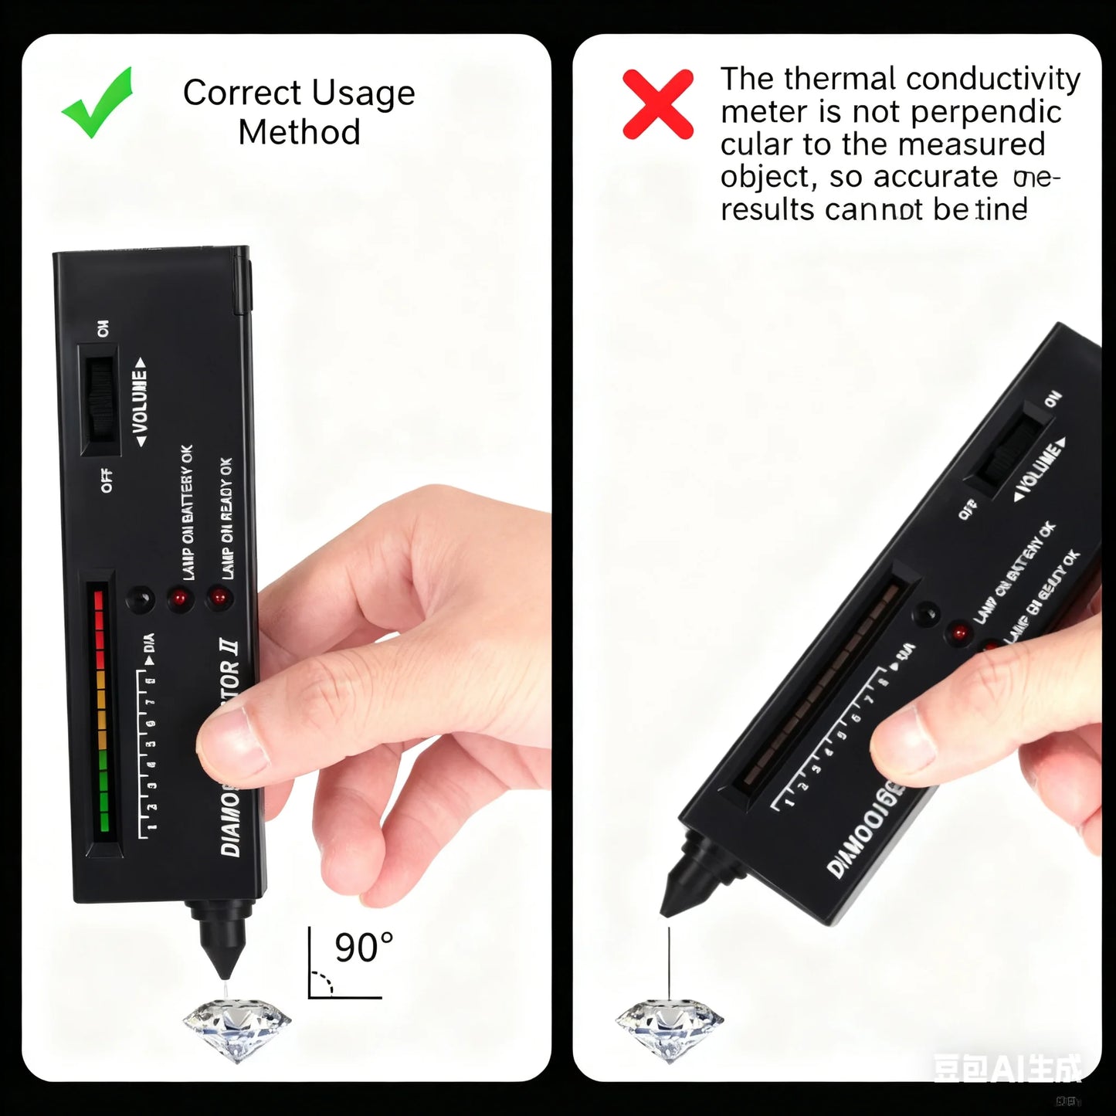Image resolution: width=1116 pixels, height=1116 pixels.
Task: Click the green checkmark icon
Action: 98,103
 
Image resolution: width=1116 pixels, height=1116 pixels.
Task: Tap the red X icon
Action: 657,103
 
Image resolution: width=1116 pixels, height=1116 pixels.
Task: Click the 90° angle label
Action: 364,948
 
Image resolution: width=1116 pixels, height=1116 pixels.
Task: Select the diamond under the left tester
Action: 237,1026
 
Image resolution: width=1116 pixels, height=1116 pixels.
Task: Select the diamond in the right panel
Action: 669,1026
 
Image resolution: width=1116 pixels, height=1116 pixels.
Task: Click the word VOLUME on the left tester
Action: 140,402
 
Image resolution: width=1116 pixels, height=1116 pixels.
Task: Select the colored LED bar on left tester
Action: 100,711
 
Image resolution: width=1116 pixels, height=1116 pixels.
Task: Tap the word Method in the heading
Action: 299,132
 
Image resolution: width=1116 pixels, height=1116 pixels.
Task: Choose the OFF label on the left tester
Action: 107,480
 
